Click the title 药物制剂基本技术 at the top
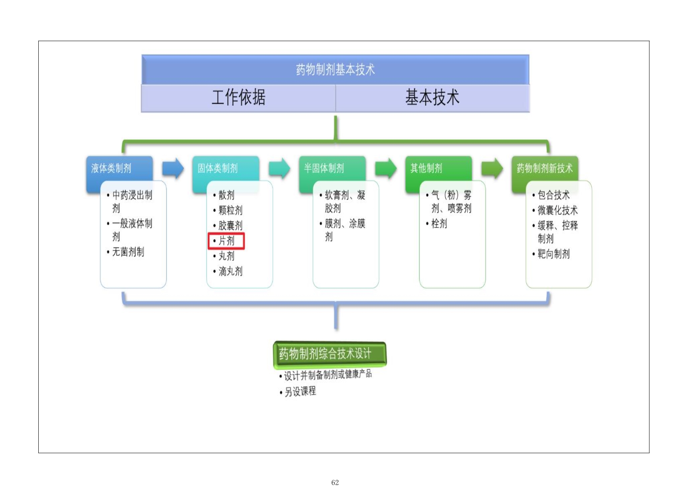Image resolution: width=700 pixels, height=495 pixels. coord(335,70)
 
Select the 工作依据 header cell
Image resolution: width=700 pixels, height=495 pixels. coord(238,98)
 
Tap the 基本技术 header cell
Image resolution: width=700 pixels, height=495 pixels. coord(432,98)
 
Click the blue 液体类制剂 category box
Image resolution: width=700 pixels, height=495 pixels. coord(111,168)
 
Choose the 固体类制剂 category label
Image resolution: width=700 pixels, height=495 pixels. coord(218,168)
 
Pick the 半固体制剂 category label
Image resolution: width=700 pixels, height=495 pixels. coord(324,168)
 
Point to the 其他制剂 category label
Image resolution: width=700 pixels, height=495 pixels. coord(426,168)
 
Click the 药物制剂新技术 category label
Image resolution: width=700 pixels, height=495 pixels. coord(544,168)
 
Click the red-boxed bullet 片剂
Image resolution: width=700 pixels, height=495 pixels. coord(226,241)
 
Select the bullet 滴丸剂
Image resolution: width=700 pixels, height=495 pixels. coord(230,271)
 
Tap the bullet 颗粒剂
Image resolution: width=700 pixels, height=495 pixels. coord(230,210)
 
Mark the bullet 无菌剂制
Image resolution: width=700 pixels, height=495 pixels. coord(128,252)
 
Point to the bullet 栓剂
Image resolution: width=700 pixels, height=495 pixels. coord(439,224)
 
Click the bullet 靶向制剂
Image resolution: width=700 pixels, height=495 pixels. coord(554,254)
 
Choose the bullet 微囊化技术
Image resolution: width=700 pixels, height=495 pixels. coord(558,210)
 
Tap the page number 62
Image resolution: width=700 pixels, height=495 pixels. coord(335,483)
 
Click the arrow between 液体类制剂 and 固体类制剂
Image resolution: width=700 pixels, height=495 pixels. coord(173,168)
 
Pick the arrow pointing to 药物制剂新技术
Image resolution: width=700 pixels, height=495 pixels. coord(492,168)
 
